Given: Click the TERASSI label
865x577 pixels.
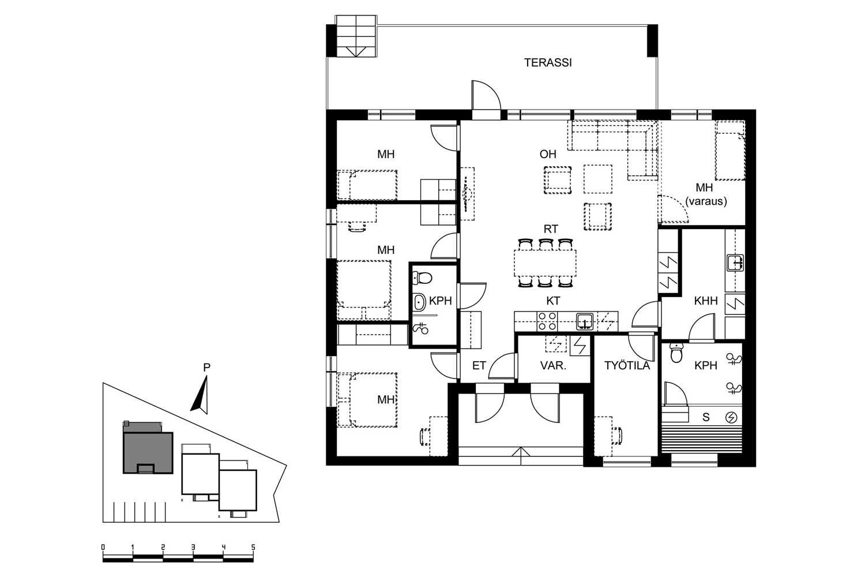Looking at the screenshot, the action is (548, 63).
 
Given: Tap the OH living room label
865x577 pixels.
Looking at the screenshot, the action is (548, 154).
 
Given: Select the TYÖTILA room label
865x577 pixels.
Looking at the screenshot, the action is (627, 365).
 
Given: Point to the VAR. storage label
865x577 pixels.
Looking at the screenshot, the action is (553, 366).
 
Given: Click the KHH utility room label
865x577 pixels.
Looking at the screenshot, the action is (705, 301).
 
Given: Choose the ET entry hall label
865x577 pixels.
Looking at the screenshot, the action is (479, 366).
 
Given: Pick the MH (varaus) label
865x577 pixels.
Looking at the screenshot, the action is (705, 194).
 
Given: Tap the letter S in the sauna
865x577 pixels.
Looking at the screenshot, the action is (706, 417).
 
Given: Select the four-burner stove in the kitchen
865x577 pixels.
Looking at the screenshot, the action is (547, 321).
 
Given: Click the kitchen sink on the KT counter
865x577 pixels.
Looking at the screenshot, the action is (585, 321).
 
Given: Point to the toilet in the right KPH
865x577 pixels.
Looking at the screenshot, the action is (676, 353).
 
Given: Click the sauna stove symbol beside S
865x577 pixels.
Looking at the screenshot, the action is (731, 417).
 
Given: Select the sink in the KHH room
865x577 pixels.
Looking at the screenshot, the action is (735, 263).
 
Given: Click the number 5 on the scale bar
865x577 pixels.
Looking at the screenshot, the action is (253, 547).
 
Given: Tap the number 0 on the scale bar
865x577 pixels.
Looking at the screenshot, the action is (103, 547).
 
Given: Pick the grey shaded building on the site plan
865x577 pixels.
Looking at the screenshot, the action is (148, 450).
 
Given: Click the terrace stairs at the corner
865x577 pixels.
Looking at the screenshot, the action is (356, 36).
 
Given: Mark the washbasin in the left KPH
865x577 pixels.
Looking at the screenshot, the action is (419, 302).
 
